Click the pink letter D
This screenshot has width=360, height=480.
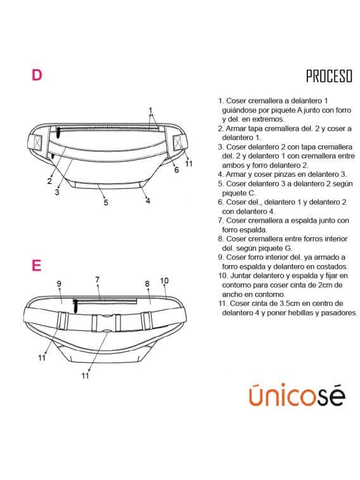point(37,75)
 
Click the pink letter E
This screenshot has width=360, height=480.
point(36,266)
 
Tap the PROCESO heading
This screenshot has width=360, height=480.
point(329,76)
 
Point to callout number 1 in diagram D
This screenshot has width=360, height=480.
point(150,110)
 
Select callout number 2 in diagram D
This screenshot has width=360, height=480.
point(49,181)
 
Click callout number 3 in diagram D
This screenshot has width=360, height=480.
point(57,192)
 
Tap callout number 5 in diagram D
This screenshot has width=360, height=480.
point(106,202)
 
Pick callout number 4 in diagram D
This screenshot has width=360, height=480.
point(148,201)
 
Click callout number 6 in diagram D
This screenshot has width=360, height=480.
point(176,169)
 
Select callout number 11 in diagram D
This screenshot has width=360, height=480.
point(189,164)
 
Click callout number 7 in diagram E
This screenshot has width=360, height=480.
point(97,280)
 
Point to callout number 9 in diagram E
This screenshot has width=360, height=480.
point(59,284)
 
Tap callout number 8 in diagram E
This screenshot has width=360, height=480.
point(147,284)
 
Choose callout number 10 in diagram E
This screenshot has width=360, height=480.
point(164,280)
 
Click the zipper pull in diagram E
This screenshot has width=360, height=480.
point(75,306)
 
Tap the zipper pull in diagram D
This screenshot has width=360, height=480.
point(58,133)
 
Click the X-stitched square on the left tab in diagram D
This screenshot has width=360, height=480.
point(37,142)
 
